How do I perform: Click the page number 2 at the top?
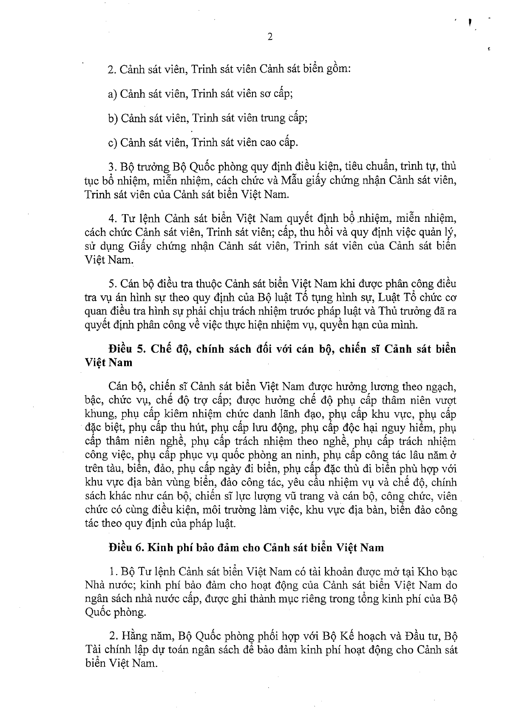click(270, 37)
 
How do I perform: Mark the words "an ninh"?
click(300, 456)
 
